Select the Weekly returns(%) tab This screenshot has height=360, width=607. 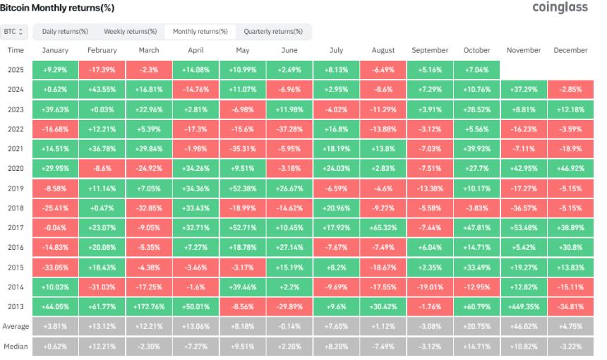pos(131,32)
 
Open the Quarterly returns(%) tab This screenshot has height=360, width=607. pos(273,32)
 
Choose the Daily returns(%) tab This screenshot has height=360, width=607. pos(65,32)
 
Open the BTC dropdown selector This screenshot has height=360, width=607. pos(15,32)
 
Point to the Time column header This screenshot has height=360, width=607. pos(16,51)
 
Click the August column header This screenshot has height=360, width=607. pos(383,51)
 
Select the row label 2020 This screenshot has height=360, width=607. pos(16,169)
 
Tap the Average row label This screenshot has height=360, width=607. pos(16,328)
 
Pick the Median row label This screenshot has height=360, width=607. pos(16,347)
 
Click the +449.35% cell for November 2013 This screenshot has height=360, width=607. pos(524,308)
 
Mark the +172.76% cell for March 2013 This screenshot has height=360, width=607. pos(149,308)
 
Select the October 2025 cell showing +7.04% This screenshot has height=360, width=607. pos(476,71)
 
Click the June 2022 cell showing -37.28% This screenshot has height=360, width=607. pos(289,130)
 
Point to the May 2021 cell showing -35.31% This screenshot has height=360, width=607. pos(243,150)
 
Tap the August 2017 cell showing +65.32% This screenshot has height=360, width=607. pos(383,229)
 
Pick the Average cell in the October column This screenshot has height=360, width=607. pos(476,328)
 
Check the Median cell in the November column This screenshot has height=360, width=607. pos(524,347)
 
